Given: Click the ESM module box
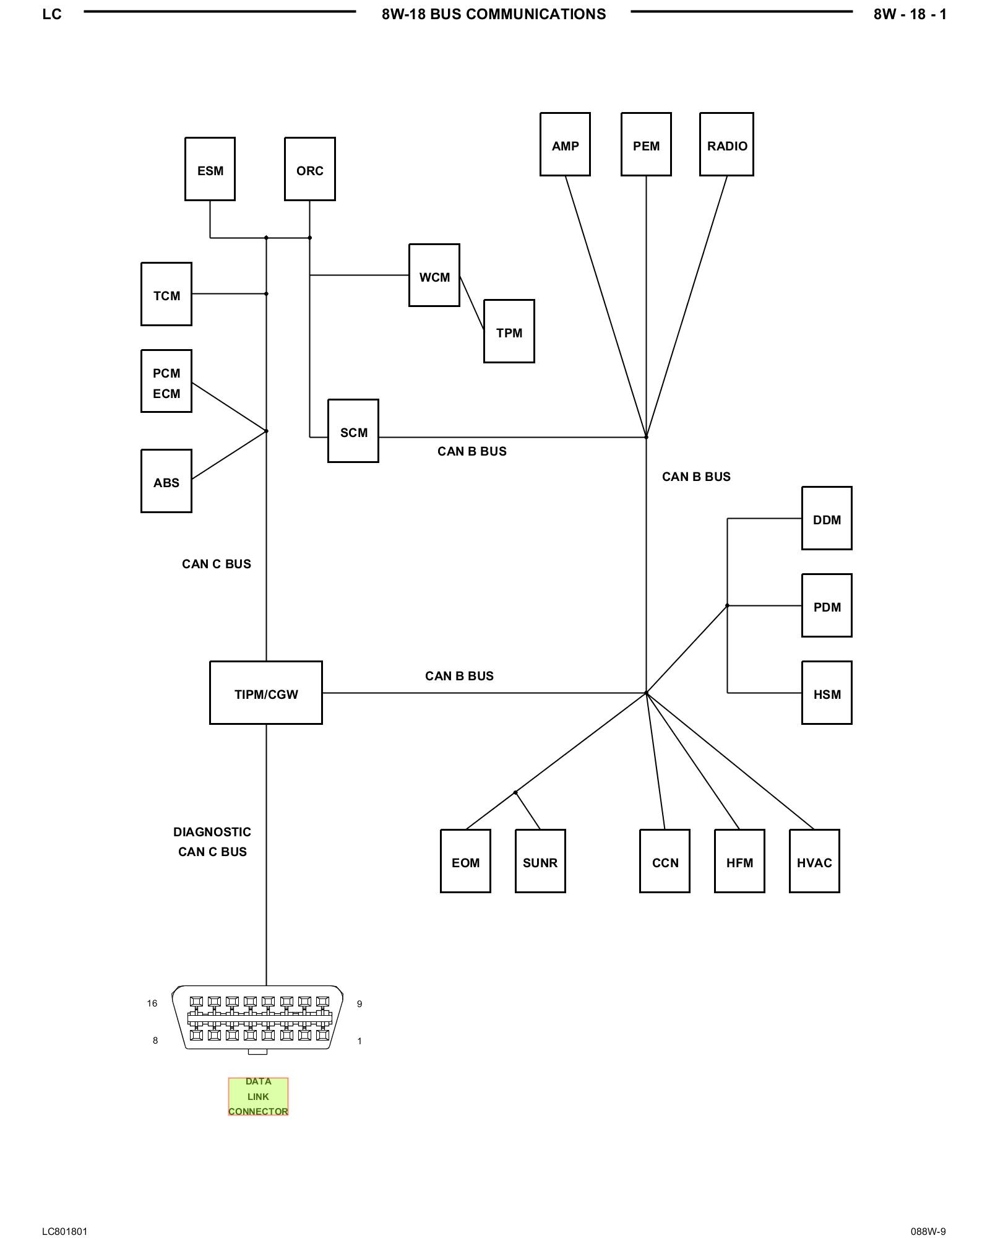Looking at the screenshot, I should pyautogui.click(x=210, y=169).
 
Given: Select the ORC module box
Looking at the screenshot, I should pyautogui.click(x=309, y=169).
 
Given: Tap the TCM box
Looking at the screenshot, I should pyautogui.click(x=166, y=294).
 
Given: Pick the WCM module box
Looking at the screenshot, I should pyautogui.click(x=434, y=275).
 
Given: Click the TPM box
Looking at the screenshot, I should pyautogui.click(x=509, y=331).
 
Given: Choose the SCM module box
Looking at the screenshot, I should pyautogui.click(x=353, y=431).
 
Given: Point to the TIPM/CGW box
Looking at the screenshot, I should pyautogui.click(x=266, y=693).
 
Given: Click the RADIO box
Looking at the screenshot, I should pyautogui.click(x=726, y=144).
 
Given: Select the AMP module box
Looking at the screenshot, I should pyautogui.click(x=565, y=144).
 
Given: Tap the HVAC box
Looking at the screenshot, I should pyautogui.click(x=814, y=861).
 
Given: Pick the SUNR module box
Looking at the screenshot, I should pyautogui.click(x=540, y=861).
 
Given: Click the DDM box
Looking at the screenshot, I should pyautogui.click(x=827, y=518).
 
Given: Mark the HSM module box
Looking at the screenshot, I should pyautogui.click(x=827, y=693).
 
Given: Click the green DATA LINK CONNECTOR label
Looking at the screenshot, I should pyautogui.click(x=258, y=1096).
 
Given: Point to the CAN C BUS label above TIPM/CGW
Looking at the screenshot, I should pyautogui.click(x=217, y=564).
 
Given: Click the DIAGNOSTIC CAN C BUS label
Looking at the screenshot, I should pyautogui.click(x=212, y=842).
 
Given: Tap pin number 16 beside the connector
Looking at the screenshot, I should pyautogui.click(x=152, y=1003).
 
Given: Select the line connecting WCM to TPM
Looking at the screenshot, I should pyautogui.click(x=471, y=303).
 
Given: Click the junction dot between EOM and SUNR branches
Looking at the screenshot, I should pyautogui.click(x=515, y=792).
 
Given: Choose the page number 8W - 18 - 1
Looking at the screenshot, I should pyautogui.click(x=910, y=14).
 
